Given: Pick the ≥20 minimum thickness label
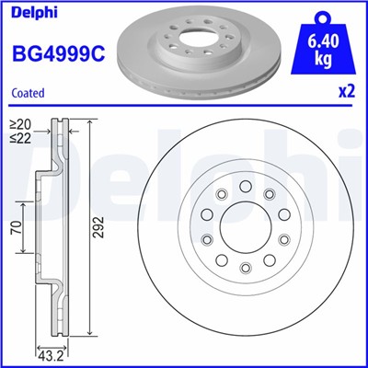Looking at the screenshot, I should click(x=19, y=123).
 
